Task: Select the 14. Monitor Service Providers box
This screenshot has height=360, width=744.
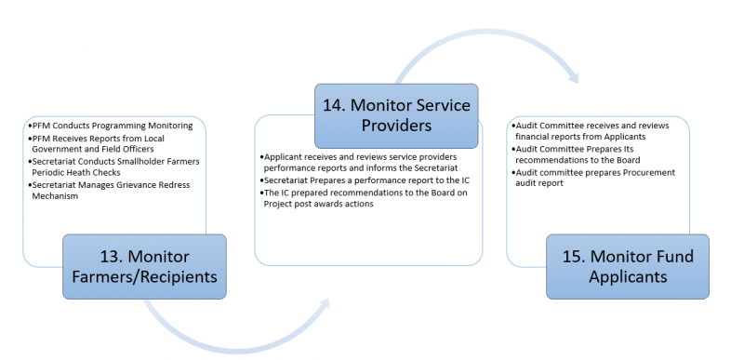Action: tap(395, 115)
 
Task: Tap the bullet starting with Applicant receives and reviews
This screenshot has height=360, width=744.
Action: tap(358, 163)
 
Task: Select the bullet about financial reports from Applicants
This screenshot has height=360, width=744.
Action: tap(595, 129)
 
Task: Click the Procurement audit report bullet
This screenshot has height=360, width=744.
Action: tap(595, 178)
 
